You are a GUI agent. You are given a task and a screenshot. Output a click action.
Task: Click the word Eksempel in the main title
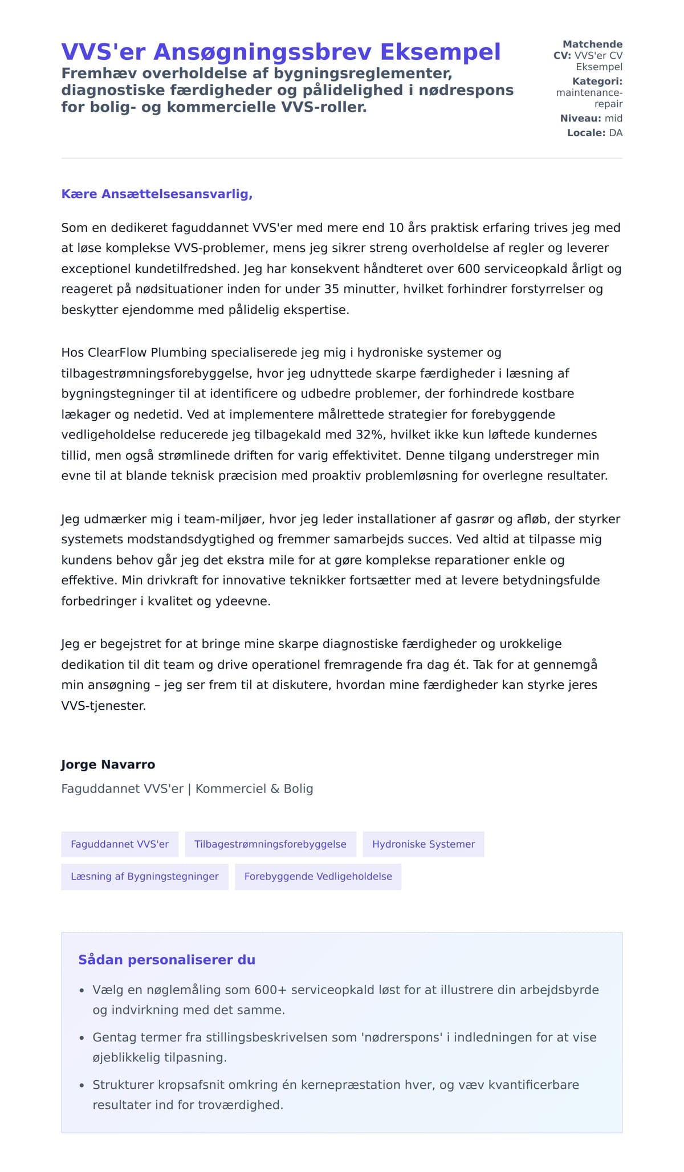coord(440,52)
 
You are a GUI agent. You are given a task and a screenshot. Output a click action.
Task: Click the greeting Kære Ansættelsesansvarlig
coord(157,194)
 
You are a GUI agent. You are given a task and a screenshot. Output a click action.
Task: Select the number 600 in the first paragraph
coord(469,268)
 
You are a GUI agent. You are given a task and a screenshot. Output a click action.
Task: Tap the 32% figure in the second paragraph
coord(369,434)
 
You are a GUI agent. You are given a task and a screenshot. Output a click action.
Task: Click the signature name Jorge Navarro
coord(108,764)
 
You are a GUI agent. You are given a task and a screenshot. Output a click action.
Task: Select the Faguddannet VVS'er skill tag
coord(120,844)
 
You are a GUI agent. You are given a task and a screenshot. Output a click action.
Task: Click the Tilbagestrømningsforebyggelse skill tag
coord(270,844)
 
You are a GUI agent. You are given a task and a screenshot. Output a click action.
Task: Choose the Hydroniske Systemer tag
coord(423,844)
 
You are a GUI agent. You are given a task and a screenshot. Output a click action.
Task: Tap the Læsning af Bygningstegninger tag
coord(145,877)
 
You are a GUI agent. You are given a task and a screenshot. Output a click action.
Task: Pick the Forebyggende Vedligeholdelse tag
coord(318,877)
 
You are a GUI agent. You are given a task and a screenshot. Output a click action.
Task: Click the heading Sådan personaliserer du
coord(166,960)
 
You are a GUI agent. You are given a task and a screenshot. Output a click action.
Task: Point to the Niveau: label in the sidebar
coord(580,119)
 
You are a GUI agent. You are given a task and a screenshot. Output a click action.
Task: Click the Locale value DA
coord(616,133)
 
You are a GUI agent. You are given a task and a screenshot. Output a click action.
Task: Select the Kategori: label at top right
coord(597,82)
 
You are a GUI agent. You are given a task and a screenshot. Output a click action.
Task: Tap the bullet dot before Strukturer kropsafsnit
coord(82,1086)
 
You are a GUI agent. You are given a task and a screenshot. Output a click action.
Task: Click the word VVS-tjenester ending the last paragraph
coord(103,706)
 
